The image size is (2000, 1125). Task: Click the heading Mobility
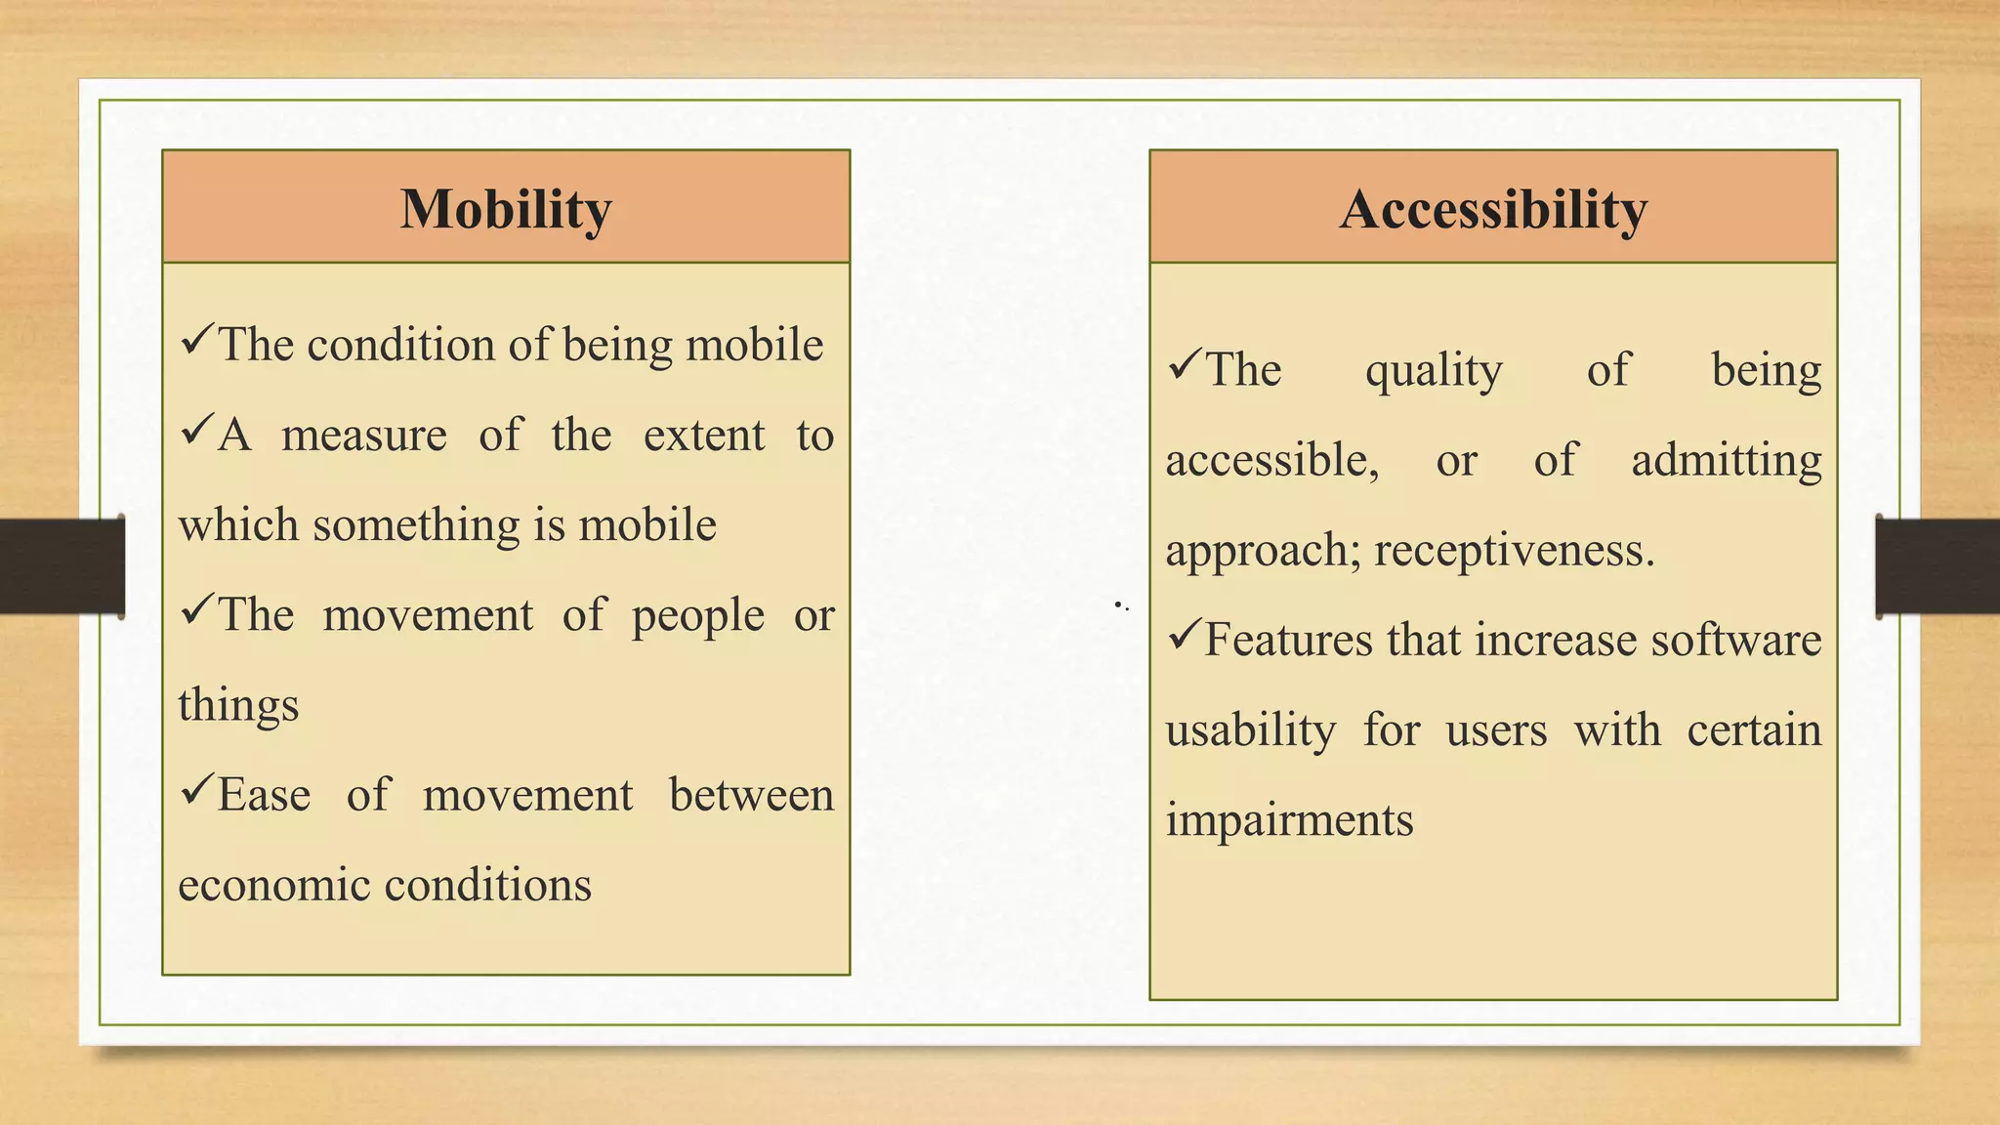(x=506, y=209)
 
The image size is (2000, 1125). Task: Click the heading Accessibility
(x=1493, y=209)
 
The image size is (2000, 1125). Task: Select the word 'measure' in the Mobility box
(x=364, y=436)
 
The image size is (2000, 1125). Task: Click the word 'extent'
(x=703, y=436)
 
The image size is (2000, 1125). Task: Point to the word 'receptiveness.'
(x=1514, y=551)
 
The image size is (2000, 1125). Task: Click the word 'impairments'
(x=1289, y=820)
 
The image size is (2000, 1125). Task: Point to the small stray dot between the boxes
(x=1118, y=605)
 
